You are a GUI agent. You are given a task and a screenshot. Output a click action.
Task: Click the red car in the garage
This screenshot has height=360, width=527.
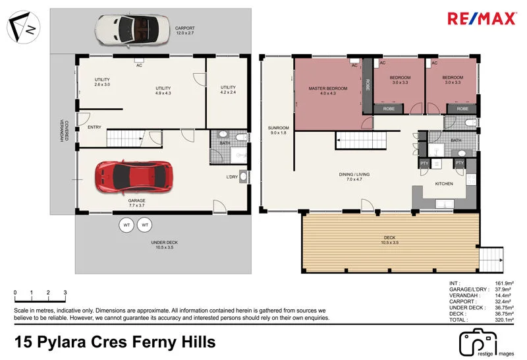[134, 177]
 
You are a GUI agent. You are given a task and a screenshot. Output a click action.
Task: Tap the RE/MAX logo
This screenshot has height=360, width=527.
[482, 19]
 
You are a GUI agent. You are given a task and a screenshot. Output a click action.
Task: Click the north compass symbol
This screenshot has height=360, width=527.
[23, 27]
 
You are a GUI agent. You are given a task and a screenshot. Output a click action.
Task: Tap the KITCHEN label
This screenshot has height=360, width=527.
[444, 184]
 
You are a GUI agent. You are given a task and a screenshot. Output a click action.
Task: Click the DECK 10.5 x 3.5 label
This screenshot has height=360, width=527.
[389, 240]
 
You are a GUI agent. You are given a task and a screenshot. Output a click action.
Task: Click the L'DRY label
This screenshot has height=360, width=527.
[232, 177]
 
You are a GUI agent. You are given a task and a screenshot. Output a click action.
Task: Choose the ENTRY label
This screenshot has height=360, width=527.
[94, 127]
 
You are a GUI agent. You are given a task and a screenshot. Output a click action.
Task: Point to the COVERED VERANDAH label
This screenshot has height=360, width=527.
[64, 131]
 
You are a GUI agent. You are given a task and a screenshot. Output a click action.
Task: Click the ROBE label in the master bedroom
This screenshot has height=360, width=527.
[368, 85]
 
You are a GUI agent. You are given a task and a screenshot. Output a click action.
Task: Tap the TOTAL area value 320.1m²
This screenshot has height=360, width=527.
[504, 320]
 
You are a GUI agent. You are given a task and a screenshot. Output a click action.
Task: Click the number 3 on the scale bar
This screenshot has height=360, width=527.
[65, 292]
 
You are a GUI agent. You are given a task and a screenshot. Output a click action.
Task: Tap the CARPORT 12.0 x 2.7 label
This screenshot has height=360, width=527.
[185, 30]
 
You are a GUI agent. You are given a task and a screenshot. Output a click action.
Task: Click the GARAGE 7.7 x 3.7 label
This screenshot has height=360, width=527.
[136, 203]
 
